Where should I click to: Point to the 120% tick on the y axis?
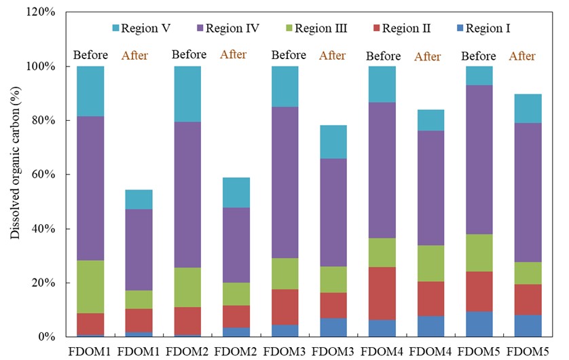(42, 12)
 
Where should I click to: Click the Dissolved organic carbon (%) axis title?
(15, 174)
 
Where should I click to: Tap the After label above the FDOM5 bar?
(522, 56)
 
